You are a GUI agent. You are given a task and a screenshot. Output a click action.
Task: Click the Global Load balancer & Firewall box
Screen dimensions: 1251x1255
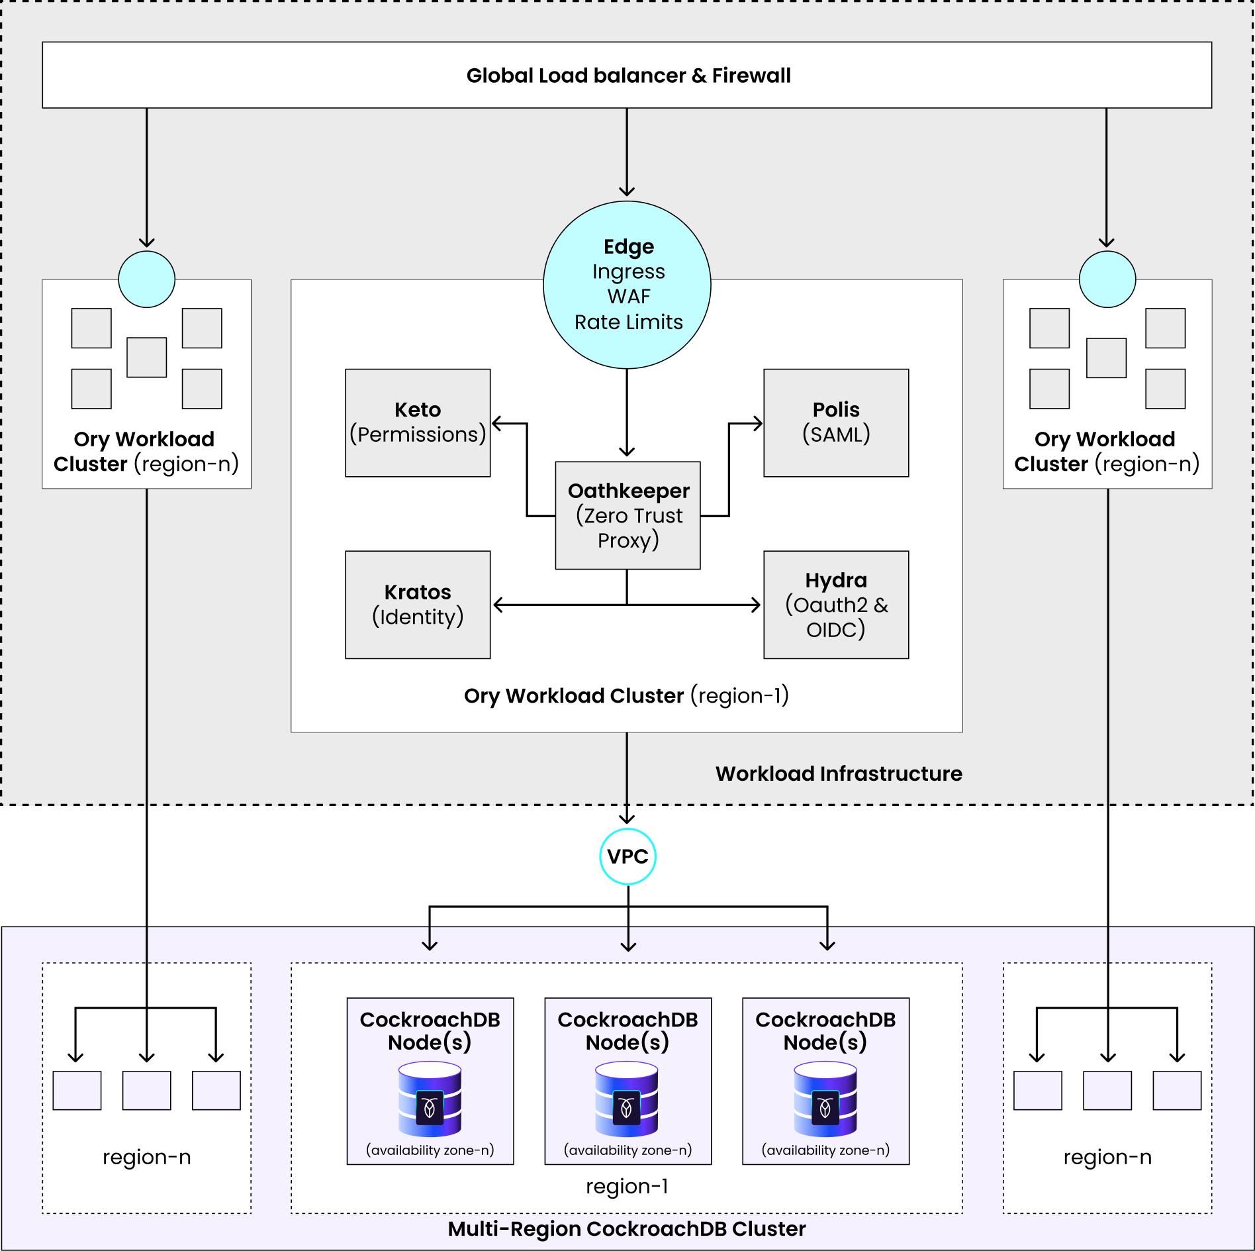(x=627, y=75)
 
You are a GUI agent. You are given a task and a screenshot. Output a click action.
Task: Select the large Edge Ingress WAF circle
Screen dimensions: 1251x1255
(x=627, y=285)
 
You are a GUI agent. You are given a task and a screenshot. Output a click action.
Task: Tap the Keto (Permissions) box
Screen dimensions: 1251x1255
(x=418, y=423)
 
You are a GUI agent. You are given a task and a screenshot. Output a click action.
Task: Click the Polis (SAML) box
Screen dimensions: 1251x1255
(x=836, y=423)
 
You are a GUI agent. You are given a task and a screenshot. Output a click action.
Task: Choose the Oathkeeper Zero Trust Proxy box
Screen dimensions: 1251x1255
(x=627, y=515)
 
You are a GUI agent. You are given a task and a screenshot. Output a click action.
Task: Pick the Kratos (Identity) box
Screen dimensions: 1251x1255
(x=418, y=604)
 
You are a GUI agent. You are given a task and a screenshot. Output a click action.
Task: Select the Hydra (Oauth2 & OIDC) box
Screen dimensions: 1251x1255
(x=836, y=604)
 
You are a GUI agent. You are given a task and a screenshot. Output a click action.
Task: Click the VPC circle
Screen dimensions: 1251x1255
(x=627, y=856)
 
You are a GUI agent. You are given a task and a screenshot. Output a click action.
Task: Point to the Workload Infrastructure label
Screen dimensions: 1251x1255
(x=839, y=774)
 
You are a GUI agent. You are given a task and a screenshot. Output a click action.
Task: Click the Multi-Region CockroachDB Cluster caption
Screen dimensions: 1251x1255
(x=627, y=1229)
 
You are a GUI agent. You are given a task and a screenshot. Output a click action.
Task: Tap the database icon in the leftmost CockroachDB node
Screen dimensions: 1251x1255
(x=430, y=1100)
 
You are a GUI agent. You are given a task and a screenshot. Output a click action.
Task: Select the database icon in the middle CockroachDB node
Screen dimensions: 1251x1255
(x=627, y=1100)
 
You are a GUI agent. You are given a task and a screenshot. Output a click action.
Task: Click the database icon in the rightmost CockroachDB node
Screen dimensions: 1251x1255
(x=825, y=1100)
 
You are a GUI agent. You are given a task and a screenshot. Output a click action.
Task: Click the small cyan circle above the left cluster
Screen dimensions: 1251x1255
(x=146, y=279)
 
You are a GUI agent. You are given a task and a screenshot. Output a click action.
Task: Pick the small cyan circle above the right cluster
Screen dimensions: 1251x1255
(x=1107, y=279)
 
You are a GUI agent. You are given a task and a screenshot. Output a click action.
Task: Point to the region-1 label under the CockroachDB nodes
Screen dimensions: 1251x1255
(x=627, y=1186)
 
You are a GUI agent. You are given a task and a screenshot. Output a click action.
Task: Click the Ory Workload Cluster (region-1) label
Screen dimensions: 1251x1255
(x=626, y=695)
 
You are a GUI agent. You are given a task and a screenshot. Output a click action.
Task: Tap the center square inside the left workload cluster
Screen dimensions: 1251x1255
(x=146, y=358)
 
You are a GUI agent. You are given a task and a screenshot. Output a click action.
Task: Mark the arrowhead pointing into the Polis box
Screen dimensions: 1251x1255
(x=757, y=423)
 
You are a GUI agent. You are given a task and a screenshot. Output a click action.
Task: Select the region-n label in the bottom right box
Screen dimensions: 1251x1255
(x=1107, y=1157)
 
